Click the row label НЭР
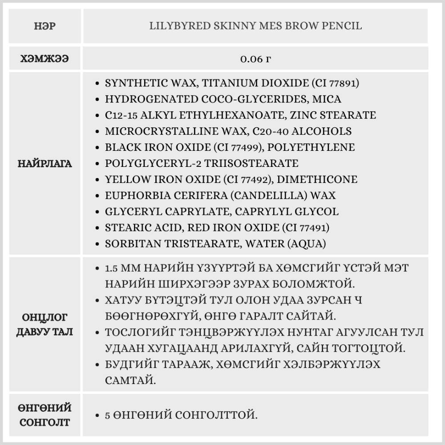(44, 26)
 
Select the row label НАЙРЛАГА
(44, 164)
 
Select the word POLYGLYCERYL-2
(146, 163)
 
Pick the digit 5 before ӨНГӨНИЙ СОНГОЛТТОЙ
(108, 416)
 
